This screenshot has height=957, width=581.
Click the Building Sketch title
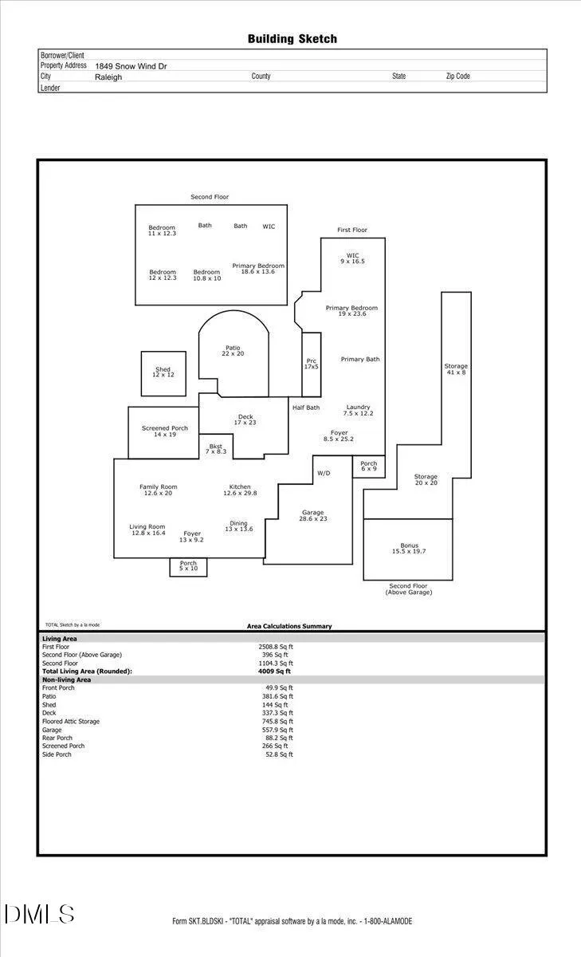point(292,39)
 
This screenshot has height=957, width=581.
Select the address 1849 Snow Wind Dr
point(131,66)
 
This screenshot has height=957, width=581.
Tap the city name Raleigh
point(108,77)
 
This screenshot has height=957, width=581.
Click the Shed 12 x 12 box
point(163,374)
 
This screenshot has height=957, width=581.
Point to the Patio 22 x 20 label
point(233,351)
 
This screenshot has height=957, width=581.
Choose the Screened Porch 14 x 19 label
point(165,431)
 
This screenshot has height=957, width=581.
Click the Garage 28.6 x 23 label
point(313,515)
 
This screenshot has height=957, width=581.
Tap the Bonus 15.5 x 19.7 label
point(409,548)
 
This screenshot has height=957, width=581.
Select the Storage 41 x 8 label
point(456,369)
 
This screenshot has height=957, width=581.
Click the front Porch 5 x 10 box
point(188,567)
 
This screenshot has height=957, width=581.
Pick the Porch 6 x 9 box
point(369,467)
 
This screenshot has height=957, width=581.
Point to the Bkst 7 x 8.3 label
point(216,448)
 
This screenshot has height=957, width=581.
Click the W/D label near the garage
point(324,473)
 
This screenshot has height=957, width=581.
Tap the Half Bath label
point(306,408)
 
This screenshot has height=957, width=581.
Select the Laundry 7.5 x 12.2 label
point(358,410)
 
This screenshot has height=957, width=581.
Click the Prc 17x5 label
point(311,364)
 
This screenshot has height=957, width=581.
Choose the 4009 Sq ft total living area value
point(274,671)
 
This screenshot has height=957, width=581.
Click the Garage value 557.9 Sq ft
point(277,730)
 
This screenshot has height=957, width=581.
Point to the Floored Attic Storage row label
point(71,721)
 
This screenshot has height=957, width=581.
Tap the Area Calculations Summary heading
point(289,626)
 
